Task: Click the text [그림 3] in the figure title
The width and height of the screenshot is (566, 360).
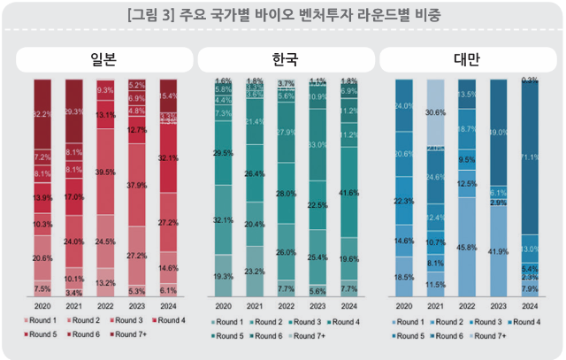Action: (153, 15)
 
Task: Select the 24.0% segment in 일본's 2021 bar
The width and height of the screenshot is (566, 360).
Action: (74, 241)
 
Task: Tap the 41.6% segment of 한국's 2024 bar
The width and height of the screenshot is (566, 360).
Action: (348, 192)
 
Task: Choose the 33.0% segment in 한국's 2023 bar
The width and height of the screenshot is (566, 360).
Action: (317, 144)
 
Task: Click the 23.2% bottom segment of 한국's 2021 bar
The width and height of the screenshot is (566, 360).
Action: (254, 272)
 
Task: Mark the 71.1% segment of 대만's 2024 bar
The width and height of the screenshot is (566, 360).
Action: (530, 157)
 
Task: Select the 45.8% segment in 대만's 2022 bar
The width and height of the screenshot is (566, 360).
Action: (467, 247)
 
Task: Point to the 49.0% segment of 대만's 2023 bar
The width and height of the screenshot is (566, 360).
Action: (498, 133)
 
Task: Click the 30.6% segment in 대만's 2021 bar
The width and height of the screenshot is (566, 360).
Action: (435, 113)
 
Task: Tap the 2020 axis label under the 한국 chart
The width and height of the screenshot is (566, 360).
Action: (223, 305)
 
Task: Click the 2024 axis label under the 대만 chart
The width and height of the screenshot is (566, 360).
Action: (530, 305)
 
